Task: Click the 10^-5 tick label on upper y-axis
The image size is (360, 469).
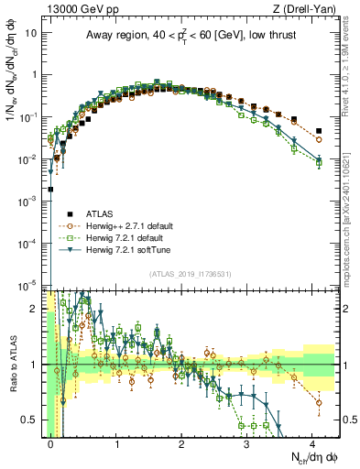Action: [x=29, y=283]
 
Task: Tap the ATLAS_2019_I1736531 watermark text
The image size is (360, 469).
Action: [x=190, y=273]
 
